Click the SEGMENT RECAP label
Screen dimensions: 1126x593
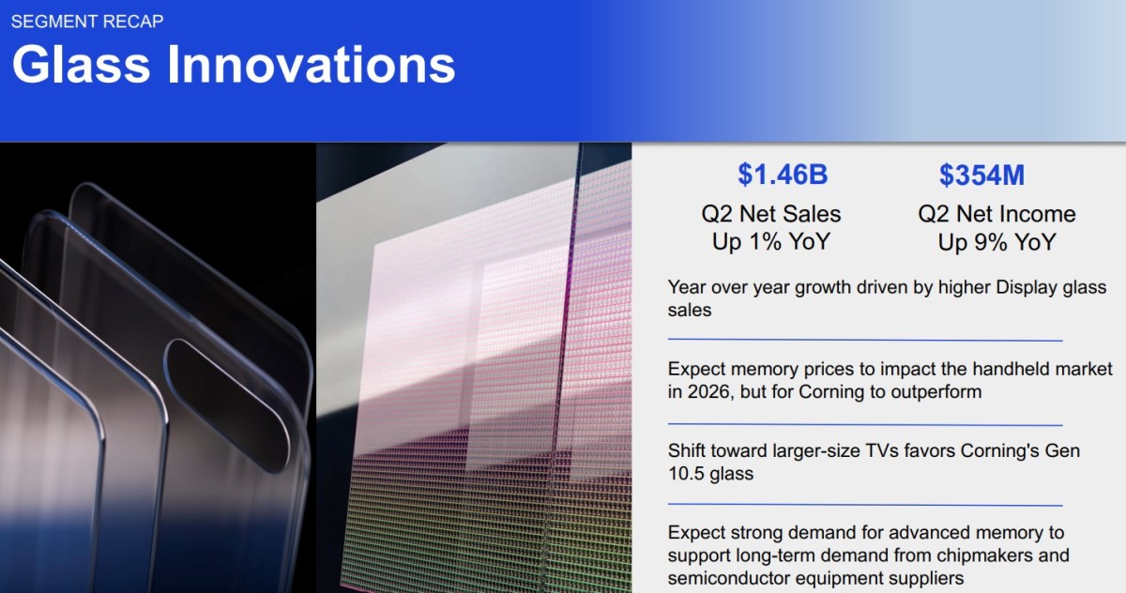tap(87, 22)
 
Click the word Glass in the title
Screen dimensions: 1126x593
tap(81, 65)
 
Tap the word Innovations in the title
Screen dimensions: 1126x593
tap(312, 65)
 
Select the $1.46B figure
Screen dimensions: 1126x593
tap(783, 175)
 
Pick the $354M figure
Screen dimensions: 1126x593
tap(981, 175)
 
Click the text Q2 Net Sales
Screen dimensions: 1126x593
tap(771, 214)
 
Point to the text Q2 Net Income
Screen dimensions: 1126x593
tap(997, 214)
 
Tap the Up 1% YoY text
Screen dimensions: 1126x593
tap(771, 242)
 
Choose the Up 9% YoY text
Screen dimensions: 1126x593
tap(997, 242)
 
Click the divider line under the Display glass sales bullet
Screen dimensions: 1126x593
tap(865, 341)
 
